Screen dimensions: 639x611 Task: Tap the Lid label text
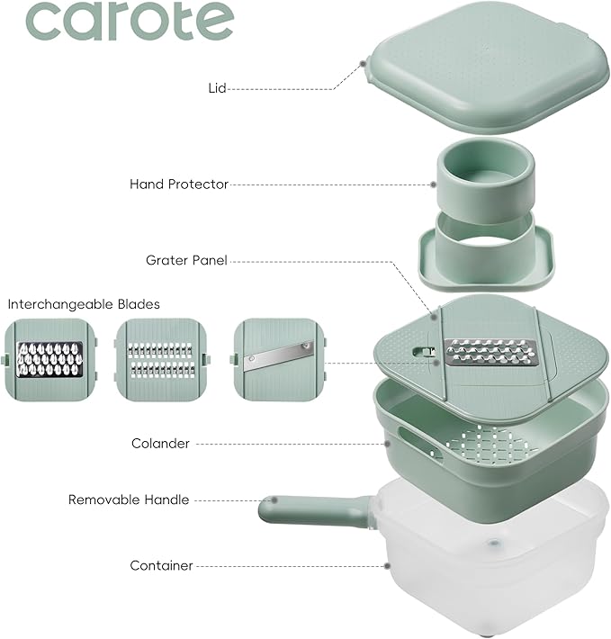[216, 88]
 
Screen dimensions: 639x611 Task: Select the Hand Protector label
[179, 184]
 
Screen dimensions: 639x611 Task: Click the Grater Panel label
[186, 260]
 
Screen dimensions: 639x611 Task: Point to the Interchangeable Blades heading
[84, 304]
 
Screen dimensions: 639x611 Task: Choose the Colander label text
[160, 444]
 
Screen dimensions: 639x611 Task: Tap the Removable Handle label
[129, 499]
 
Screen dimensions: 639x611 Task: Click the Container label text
[161, 566]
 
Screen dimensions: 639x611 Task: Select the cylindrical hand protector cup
[486, 175]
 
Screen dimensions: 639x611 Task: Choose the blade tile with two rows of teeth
[161, 359]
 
